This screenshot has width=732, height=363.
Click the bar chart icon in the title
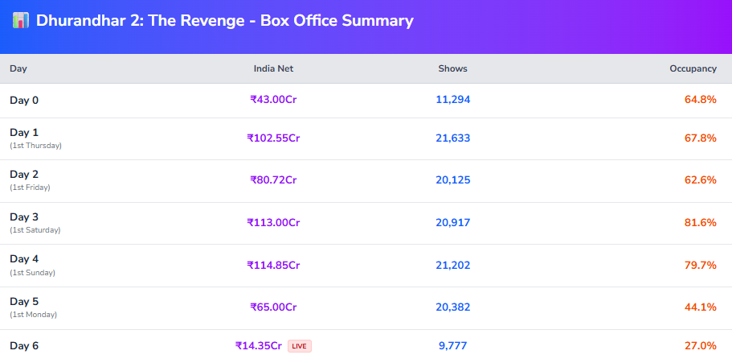(21, 21)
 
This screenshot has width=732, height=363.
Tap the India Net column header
(273, 68)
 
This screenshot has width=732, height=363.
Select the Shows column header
(453, 68)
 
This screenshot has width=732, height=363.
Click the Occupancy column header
(693, 68)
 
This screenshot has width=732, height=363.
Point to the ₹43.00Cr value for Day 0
(273, 100)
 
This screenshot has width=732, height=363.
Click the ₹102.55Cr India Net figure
(273, 138)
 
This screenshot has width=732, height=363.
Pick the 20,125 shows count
(453, 180)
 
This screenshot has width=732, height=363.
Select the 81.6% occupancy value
(701, 223)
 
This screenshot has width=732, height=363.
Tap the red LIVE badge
(299, 346)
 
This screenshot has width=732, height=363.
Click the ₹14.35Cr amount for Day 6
(259, 345)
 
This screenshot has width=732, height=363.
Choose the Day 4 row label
(24, 259)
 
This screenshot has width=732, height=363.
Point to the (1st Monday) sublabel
(34, 315)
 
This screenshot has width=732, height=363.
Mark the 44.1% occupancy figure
(701, 307)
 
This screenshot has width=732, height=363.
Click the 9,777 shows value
(453, 345)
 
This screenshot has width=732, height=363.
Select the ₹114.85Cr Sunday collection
(273, 266)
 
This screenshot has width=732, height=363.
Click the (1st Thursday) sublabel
(36, 146)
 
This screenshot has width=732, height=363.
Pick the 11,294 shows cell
(453, 100)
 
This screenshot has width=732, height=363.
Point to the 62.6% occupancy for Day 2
(701, 180)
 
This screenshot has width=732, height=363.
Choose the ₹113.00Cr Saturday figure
(273, 223)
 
